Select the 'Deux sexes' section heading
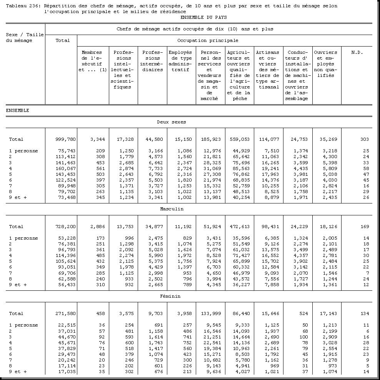[x=171, y=122]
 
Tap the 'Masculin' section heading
[x=172, y=209]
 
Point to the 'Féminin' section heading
[x=170, y=296]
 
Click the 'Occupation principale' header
[x=208, y=40]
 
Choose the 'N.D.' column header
[x=357, y=52]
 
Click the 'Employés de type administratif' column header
[x=180, y=61]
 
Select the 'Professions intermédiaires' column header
[x=152, y=61]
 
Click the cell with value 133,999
[x=210, y=313]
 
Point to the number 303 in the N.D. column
[x=365, y=139]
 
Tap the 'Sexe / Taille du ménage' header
[x=25, y=38]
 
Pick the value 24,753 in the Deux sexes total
[x=298, y=139]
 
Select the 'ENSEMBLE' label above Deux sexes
[x=18, y=110]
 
